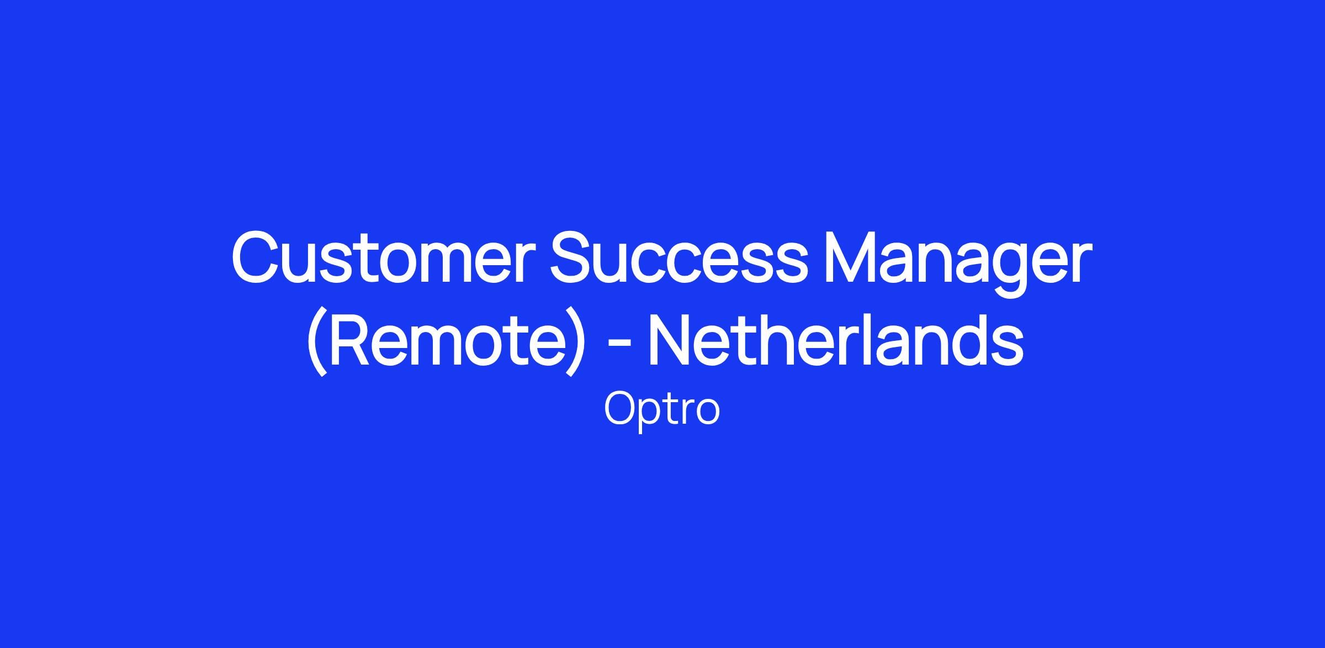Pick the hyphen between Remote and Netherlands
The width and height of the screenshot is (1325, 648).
coord(619,346)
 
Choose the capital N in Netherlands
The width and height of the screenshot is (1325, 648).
coord(671,340)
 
